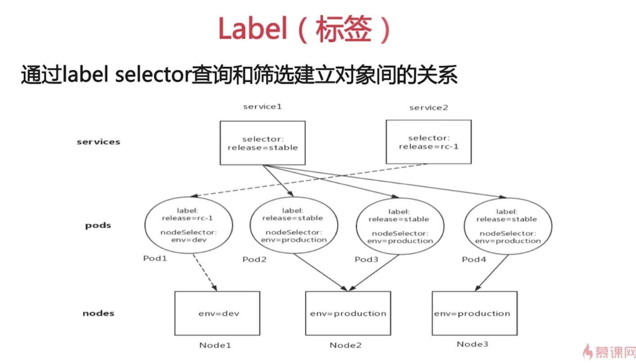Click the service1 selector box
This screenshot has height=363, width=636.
pyautogui.click(x=262, y=143)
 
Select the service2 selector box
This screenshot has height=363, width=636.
pyautogui.click(x=428, y=142)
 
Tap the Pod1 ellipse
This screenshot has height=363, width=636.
pyautogui.click(x=188, y=225)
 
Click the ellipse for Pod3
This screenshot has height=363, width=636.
pyautogui.click(x=400, y=226)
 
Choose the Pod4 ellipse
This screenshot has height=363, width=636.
pyautogui.click(x=507, y=226)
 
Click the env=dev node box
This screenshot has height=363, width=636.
pyautogui.click(x=217, y=313)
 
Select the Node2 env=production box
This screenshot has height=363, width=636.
pyautogui.click(x=348, y=313)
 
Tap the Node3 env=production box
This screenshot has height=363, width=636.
pyautogui.click(x=474, y=313)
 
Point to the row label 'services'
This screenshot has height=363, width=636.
pyautogui.click(x=98, y=142)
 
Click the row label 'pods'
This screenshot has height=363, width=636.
pyautogui.click(x=98, y=225)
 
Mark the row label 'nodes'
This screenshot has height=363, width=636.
pyautogui.click(x=98, y=313)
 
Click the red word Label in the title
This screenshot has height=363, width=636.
pyautogui.click(x=252, y=30)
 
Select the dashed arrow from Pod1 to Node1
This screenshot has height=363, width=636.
pyautogui.click(x=205, y=272)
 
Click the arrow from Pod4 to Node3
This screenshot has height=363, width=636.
pyautogui.click(x=493, y=272)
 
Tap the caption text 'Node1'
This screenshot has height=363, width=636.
pyautogui.click(x=215, y=345)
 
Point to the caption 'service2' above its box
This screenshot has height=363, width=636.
pyautogui.click(x=428, y=108)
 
